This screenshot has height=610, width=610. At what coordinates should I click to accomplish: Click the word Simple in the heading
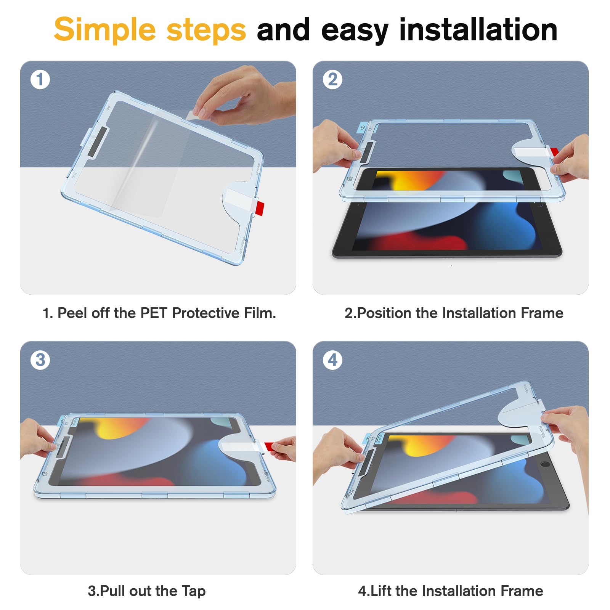coord(105,30)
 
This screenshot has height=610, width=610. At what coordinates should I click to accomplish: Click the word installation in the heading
coord(478,30)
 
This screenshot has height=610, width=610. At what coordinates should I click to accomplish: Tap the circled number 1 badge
coord(40,80)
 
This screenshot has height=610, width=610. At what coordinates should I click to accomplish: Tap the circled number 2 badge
coord(332,80)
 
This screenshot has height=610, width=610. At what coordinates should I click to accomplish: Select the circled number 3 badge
coord(40,360)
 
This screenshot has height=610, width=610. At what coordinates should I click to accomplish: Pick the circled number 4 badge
coord(332,360)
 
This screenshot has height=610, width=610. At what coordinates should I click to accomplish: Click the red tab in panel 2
coord(555,152)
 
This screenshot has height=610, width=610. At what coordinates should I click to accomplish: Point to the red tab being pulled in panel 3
coord(269,446)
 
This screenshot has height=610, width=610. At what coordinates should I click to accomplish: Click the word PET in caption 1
coord(154,313)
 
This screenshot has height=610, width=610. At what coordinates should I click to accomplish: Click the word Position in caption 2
coord(385,313)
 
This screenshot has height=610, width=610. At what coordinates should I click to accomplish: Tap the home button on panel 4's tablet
coord(546,464)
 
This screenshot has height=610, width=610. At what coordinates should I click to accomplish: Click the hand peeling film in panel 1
coord(244,97)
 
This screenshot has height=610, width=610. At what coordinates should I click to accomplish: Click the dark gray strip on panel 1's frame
coord(98,142)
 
